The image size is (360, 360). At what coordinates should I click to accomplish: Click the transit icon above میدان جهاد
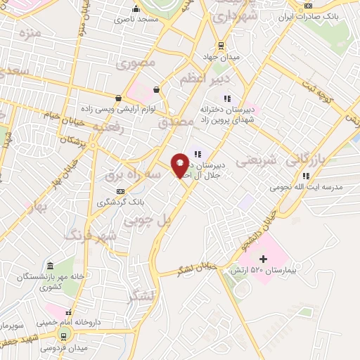(221, 46)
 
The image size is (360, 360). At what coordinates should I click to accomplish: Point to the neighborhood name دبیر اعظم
(196, 79)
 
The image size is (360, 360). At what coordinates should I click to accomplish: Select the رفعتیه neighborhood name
(111, 128)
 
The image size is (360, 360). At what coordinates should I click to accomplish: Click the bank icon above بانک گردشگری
(122, 191)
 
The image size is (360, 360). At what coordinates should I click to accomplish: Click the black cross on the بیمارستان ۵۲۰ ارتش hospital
(264, 259)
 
